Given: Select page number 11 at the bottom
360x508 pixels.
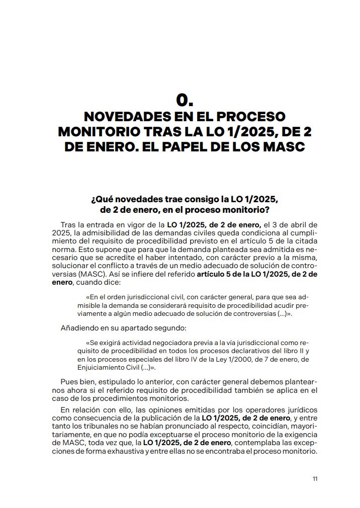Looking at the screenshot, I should click(x=315, y=479).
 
